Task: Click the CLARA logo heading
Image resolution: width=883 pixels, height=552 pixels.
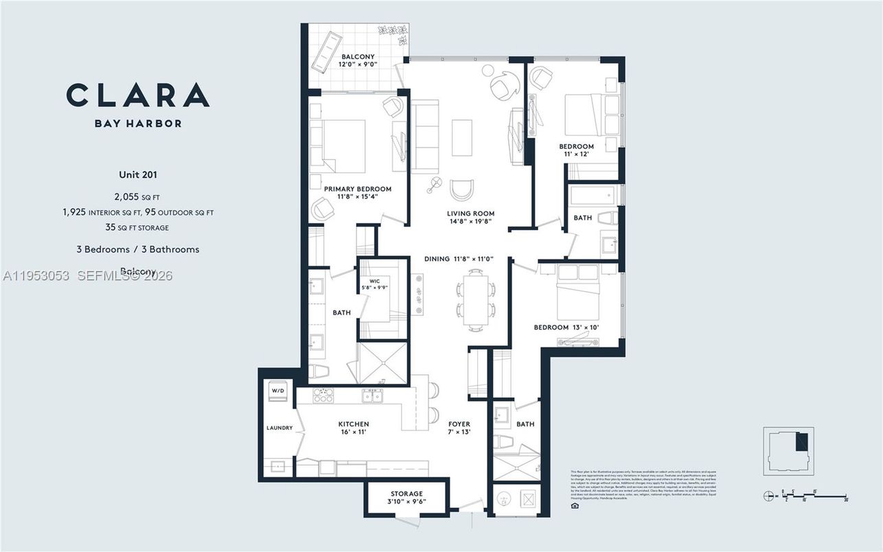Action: coord(138,95)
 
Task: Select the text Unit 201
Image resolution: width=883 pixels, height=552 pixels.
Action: coord(138,175)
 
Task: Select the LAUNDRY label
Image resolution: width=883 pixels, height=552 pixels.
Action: coord(279,428)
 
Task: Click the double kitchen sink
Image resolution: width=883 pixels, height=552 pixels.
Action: coord(372,396)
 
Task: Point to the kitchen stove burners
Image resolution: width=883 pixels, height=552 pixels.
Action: coord(323,396)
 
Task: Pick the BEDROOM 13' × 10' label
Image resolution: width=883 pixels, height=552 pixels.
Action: coord(566,327)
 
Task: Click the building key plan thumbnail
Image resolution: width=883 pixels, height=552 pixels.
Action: coord(788,451)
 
